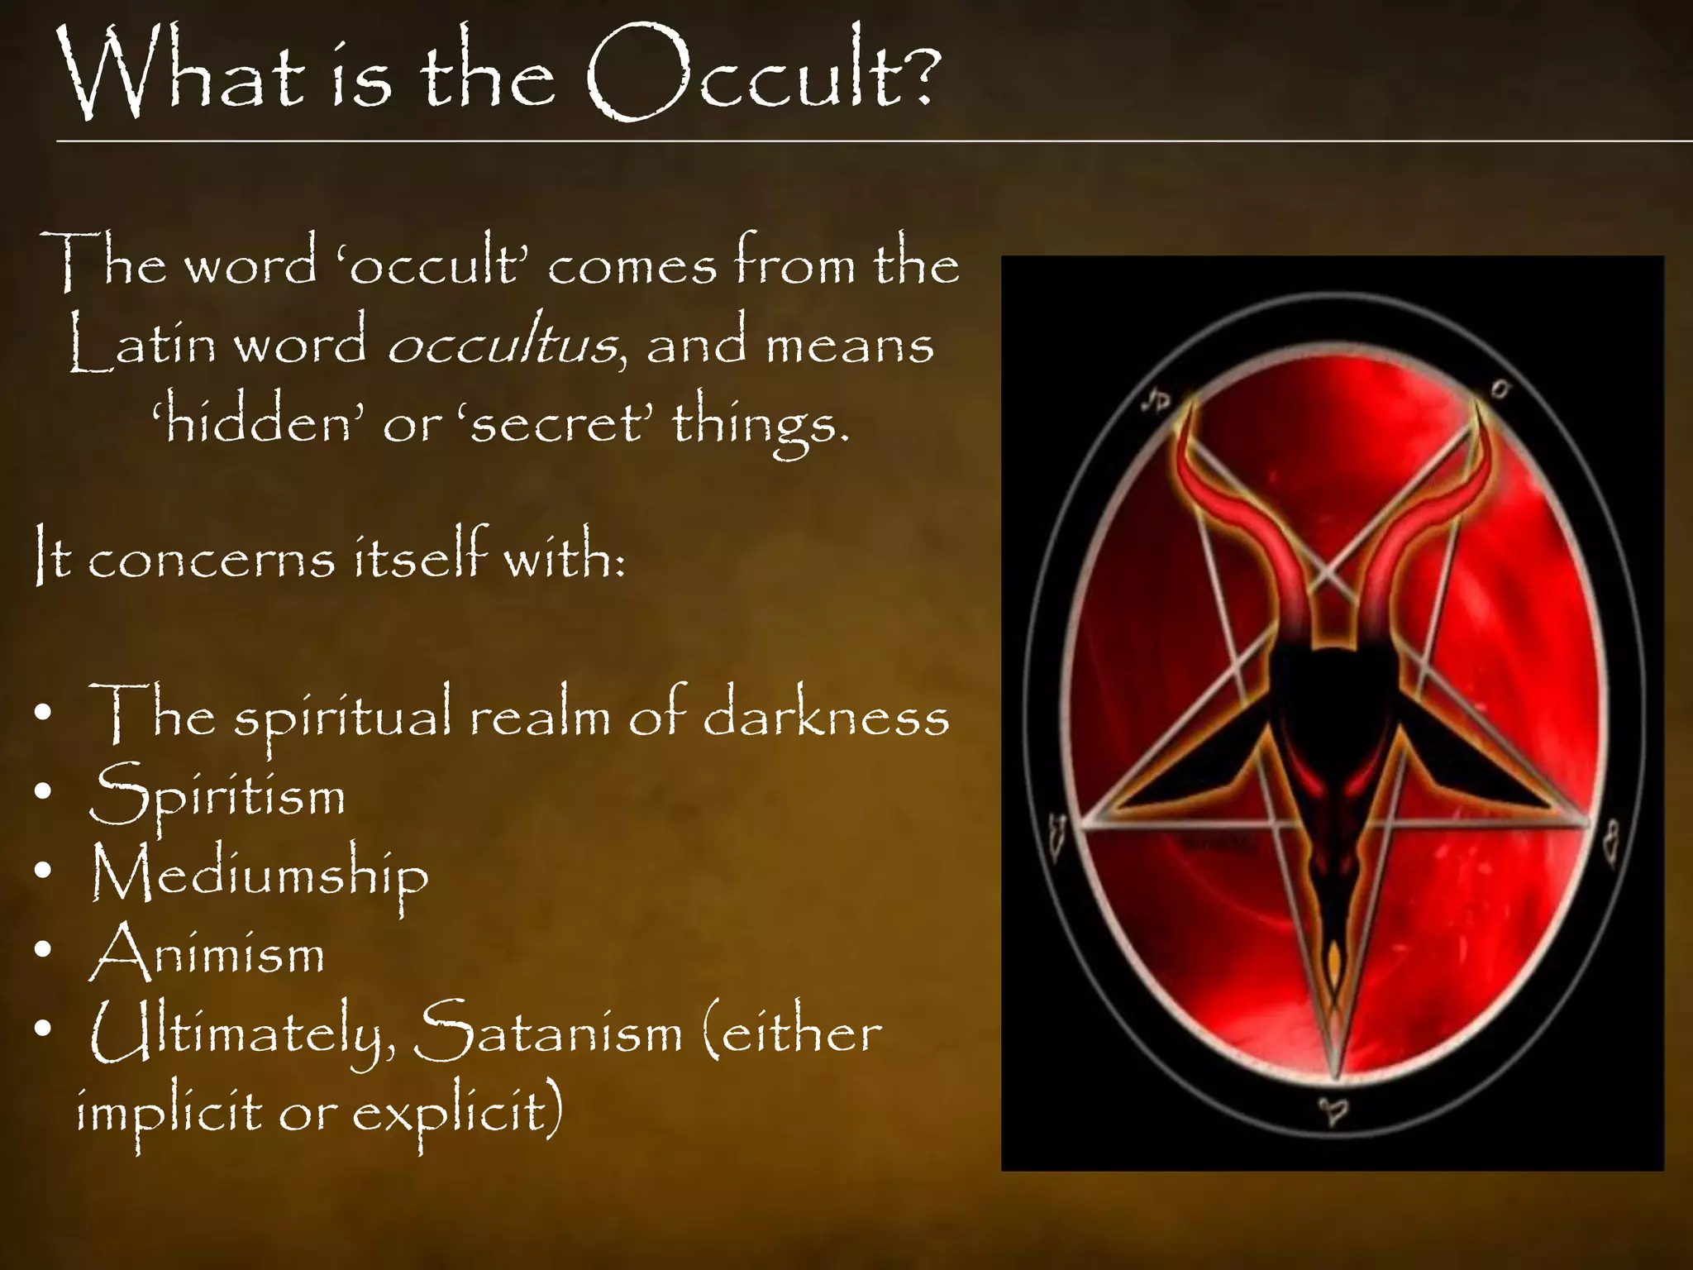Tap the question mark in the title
(x=916, y=74)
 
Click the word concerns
(x=212, y=559)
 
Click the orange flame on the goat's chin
(x=1333, y=959)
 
